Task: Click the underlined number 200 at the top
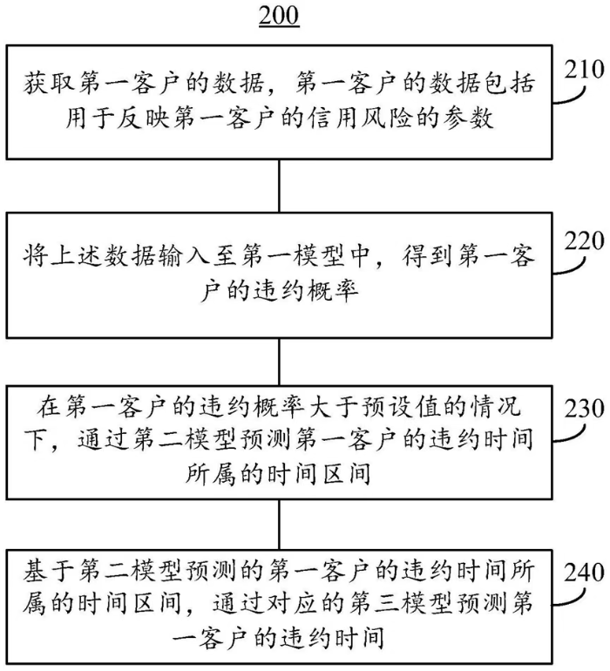tap(279, 16)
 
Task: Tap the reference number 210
tap(585, 70)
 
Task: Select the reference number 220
tap(585, 241)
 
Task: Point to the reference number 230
tap(585, 409)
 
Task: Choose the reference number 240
tap(585, 573)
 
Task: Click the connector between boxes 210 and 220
tap(279, 186)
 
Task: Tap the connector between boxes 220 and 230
tap(279, 362)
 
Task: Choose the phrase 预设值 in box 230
tap(396, 407)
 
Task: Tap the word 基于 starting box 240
tap(49, 571)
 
